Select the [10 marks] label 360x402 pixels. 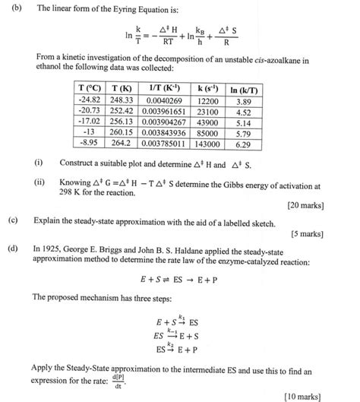tap(303, 395)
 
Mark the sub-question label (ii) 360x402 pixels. tap(39, 183)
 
